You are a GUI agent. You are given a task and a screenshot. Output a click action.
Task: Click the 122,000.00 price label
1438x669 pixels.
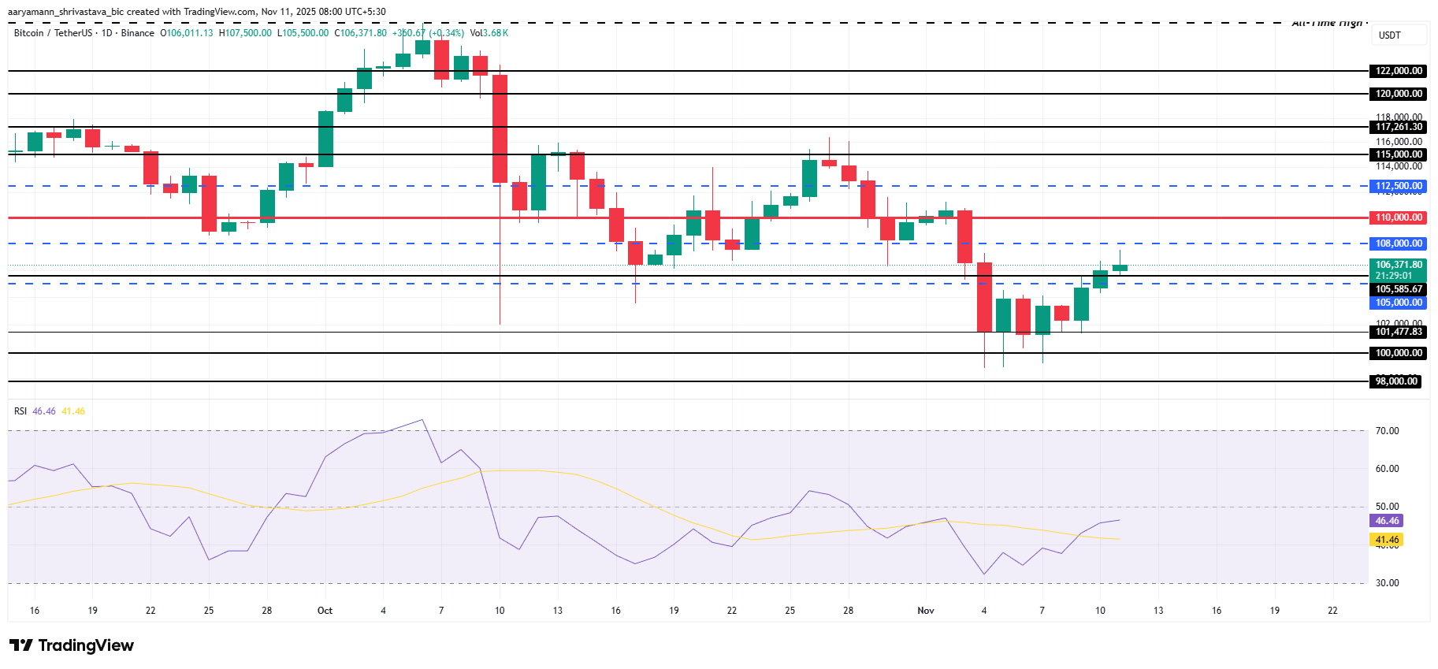tap(1398, 71)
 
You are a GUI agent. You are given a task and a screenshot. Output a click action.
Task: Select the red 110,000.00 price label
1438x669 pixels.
tap(1398, 217)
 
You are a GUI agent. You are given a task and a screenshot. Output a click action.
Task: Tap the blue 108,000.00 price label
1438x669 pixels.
tap(1398, 243)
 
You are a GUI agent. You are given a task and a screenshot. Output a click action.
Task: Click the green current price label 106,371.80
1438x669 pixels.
tap(1398, 266)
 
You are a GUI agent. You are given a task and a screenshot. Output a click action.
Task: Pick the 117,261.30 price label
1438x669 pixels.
tap(1398, 127)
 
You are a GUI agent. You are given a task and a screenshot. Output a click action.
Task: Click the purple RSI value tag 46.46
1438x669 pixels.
tap(1386, 521)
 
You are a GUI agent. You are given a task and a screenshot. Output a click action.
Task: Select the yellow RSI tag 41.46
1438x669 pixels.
tap(1386, 540)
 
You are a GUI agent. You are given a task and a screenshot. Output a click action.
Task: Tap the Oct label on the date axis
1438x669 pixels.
tap(325, 611)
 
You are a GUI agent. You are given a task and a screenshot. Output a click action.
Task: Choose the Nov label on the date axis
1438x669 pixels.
tap(926, 611)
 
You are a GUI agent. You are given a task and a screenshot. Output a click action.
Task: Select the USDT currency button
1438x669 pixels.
tap(1390, 35)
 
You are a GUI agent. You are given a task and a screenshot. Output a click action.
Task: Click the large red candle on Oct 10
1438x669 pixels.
tap(500, 129)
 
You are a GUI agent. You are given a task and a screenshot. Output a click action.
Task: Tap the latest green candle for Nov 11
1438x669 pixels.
tap(1120, 268)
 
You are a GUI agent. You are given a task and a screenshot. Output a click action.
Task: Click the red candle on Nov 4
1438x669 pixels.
tap(984, 297)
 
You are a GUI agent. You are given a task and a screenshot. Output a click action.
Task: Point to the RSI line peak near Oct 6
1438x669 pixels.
tap(422, 420)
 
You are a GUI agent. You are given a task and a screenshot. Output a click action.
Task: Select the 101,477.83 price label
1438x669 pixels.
tap(1398, 332)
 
